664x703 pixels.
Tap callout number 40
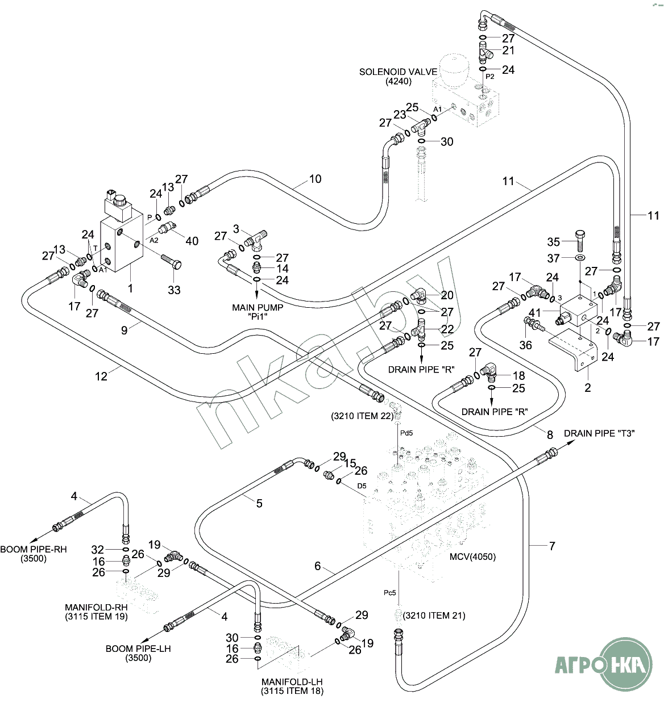pyautogui.click(x=192, y=241)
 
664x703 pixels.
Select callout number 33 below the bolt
pyautogui.click(x=174, y=290)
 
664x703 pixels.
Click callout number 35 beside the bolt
pyautogui.click(x=553, y=242)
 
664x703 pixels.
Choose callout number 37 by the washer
pyautogui.click(x=553, y=258)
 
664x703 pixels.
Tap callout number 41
pyautogui.click(x=534, y=312)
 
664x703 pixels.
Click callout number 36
pyautogui.click(x=526, y=345)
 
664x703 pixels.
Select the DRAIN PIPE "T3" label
pyautogui.click(x=599, y=433)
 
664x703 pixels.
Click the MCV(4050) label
pyautogui.click(x=472, y=557)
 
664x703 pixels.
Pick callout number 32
pyautogui.click(x=97, y=549)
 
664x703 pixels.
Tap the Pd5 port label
pyautogui.click(x=406, y=433)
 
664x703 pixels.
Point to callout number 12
pyautogui.click(x=101, y=376)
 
